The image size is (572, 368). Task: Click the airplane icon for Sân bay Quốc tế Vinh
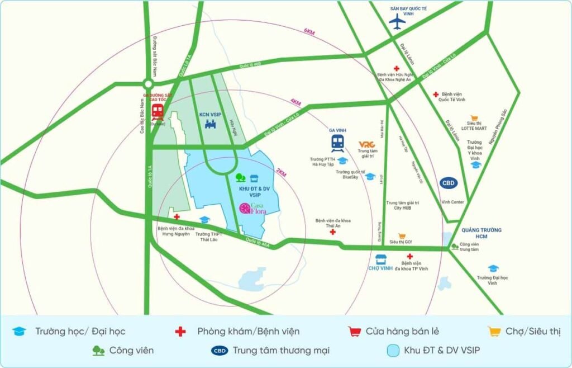coord(397,22)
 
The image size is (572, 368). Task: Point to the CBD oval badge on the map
coord(448,182)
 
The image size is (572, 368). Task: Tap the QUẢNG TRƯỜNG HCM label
coord(482,233)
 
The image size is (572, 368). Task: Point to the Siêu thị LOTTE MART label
coord(474,126)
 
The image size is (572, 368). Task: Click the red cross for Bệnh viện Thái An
coord(332,231)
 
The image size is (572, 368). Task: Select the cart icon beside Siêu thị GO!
coord(401,237)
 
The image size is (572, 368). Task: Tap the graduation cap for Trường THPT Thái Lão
coord(204,220)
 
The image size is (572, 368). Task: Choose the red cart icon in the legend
coord(354,331)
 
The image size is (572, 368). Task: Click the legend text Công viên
coord(131,350)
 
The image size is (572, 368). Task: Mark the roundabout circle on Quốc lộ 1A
coord(147,84)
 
